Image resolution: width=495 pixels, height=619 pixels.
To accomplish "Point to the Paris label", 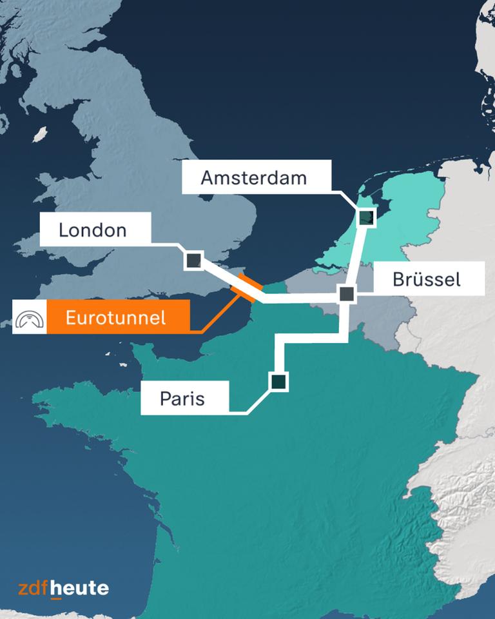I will pyautogui.click(x=184, y=398).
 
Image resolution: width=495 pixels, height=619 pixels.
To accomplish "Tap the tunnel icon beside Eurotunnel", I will pyautogui.click(x=30, y=317).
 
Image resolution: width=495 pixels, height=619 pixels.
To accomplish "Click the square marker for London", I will pyautogui.click(x=193, y=260).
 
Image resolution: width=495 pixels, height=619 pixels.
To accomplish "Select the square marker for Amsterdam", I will pyautogui.click(x=366, y=217).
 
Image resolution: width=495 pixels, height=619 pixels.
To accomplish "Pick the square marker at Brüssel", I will pyautogui.click(x=347, y=294).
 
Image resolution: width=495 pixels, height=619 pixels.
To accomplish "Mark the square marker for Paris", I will pyautogui.click(x=278, y=382).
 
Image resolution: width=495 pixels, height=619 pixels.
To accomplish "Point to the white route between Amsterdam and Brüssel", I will pyautogui.click(x=356, y=258).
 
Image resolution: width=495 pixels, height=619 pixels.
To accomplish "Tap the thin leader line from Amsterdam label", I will pyautogui.click(x=345, y=197).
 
